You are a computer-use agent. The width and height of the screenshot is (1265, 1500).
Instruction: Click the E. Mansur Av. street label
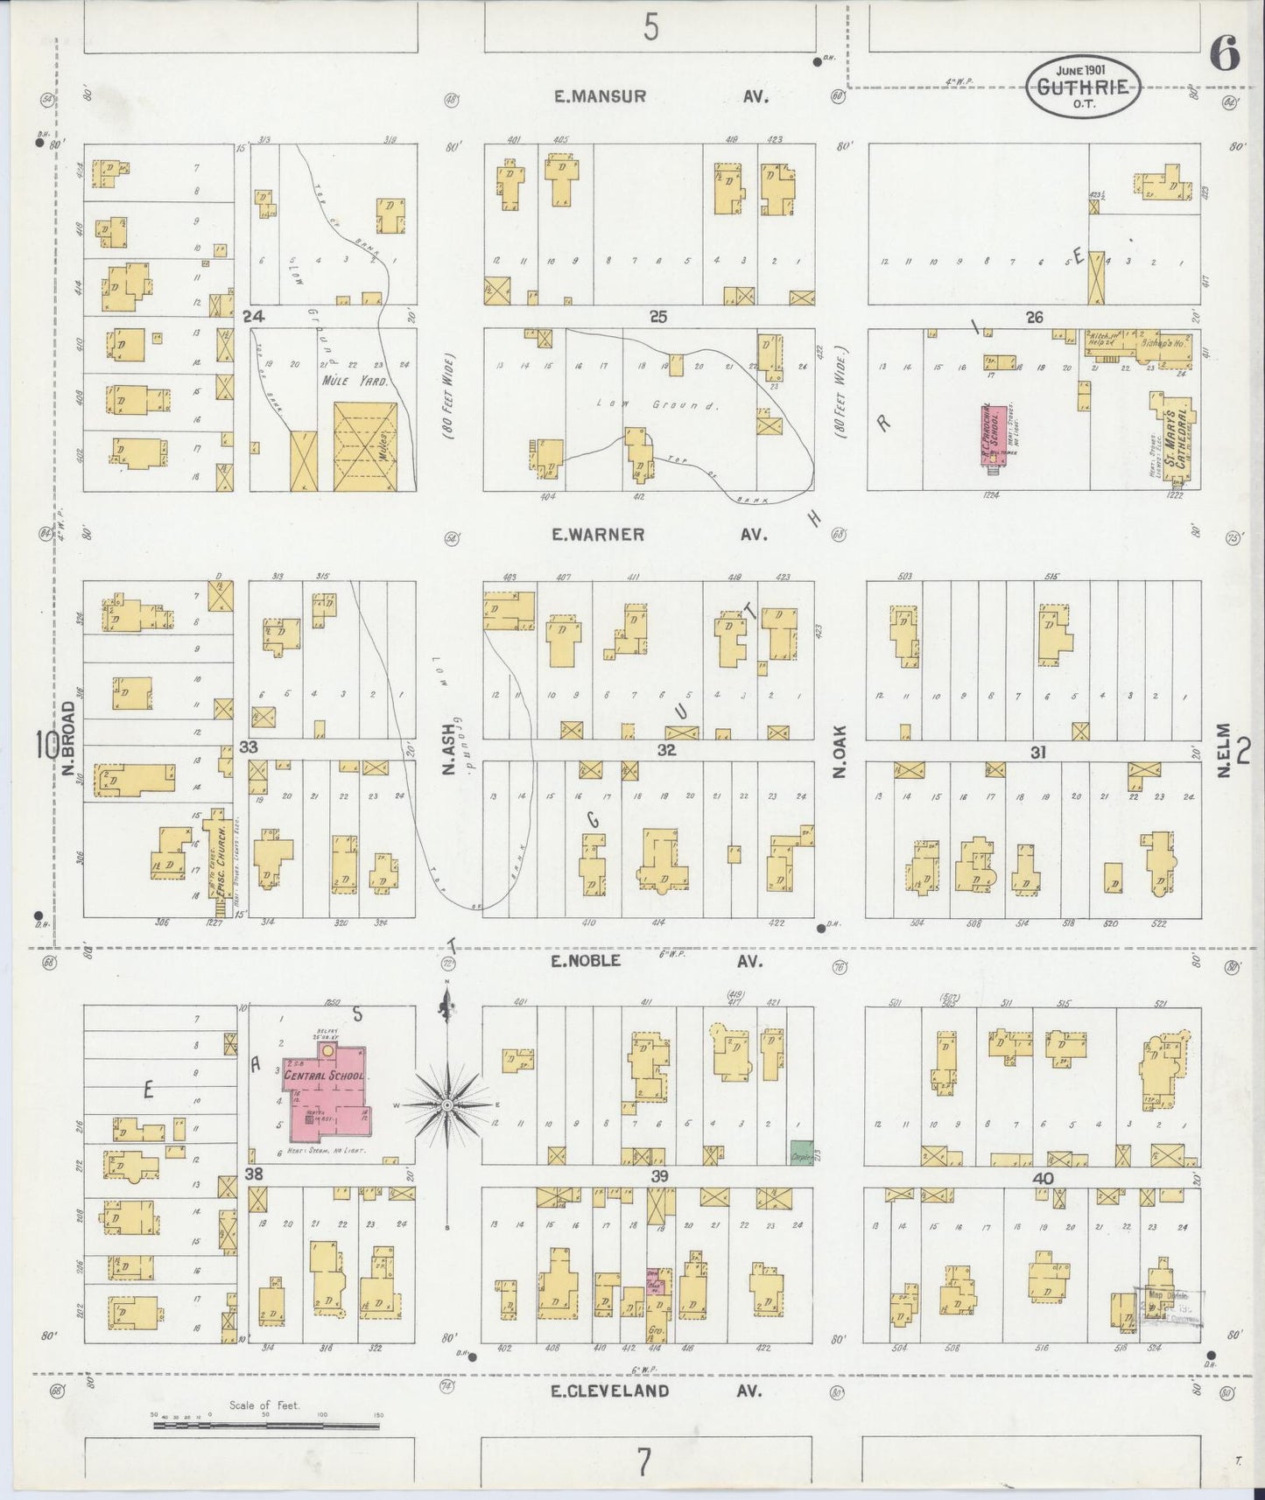(661, 97)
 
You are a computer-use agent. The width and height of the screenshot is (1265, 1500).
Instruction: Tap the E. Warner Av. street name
(661, 534)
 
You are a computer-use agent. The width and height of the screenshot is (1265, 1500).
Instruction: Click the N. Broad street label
(68, 741)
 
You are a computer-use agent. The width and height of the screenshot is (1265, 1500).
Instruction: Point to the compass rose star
(447, 1105)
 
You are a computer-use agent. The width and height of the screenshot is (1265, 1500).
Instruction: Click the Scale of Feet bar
(267, 1426)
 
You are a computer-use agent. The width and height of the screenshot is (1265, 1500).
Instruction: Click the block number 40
(1042, 1178)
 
